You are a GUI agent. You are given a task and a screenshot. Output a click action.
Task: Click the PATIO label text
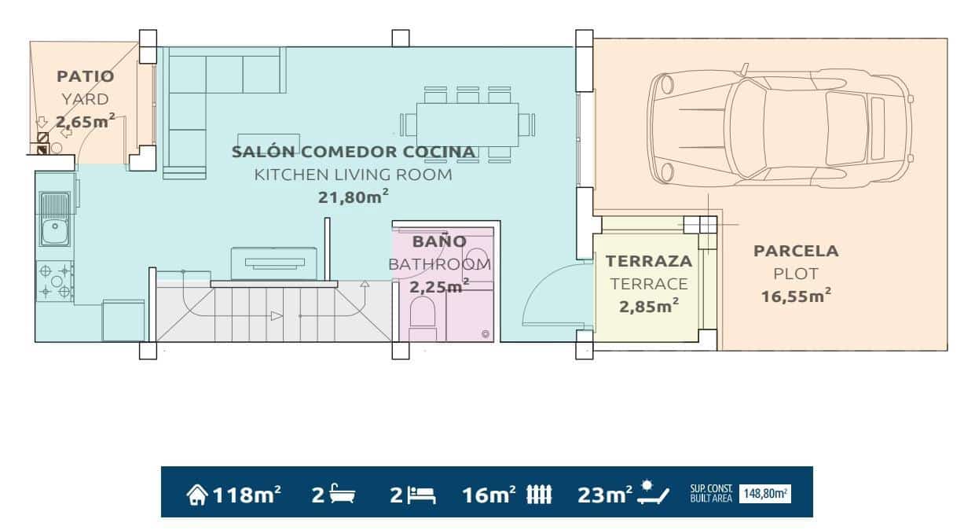[85, 76]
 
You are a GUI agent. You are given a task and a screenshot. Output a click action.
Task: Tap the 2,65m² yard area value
[85, 121]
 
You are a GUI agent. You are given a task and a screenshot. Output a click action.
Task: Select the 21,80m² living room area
[353, 197]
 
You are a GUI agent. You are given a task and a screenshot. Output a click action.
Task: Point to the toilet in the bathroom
[423, 315]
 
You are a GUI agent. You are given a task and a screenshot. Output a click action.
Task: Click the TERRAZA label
[648, 261]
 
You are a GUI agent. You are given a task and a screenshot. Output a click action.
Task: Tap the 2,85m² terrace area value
[649, 307]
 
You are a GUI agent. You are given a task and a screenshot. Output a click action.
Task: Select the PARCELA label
[796, 252]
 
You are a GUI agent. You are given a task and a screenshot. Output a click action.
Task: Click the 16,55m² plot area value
[796, 296]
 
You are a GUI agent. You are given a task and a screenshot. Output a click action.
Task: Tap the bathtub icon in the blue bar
[343, 495]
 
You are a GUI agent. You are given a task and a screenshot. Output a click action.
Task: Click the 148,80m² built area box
[764, 494]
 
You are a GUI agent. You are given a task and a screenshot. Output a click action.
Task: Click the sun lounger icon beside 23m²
[654, 493]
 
